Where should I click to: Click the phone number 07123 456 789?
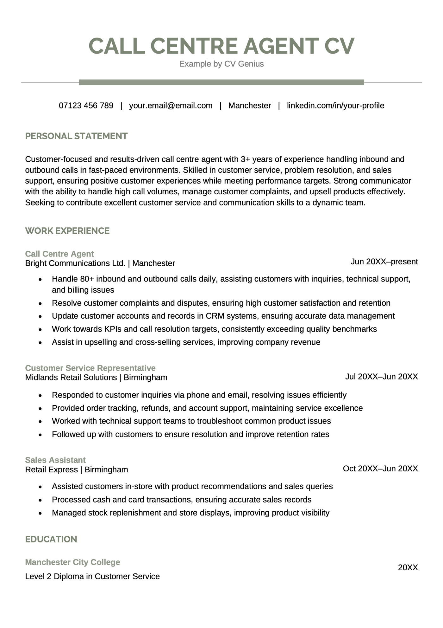(86, 106)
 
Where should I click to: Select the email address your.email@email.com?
(171, 106)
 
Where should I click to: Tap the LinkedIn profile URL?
(335, 106)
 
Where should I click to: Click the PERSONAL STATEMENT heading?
(76, 136)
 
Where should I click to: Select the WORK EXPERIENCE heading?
(67, 231)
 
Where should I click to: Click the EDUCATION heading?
(51, 539)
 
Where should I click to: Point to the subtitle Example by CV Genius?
(221, 64)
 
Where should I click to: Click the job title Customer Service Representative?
(90, 368)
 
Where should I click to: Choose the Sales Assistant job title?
(55, 460)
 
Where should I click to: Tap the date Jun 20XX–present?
(384, 262)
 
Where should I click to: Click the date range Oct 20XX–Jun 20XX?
(380, 469)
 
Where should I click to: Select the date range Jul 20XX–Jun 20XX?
(381, 377)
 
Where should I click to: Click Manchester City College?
(72, 562)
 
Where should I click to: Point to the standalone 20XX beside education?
(408, 567)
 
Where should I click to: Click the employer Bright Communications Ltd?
(75, 263)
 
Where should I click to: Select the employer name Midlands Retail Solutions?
(71, 378)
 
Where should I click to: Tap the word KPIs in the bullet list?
(113, 329)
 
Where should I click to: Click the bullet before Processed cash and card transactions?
(40, 500)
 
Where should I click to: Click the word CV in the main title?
(339, 46)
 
